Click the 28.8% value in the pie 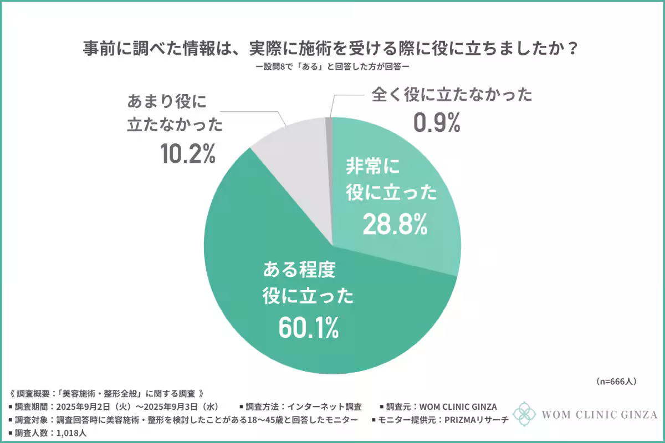(395, 223)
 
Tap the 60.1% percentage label (307, 328)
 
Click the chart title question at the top (332, 48)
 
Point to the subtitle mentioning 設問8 (332, 68)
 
